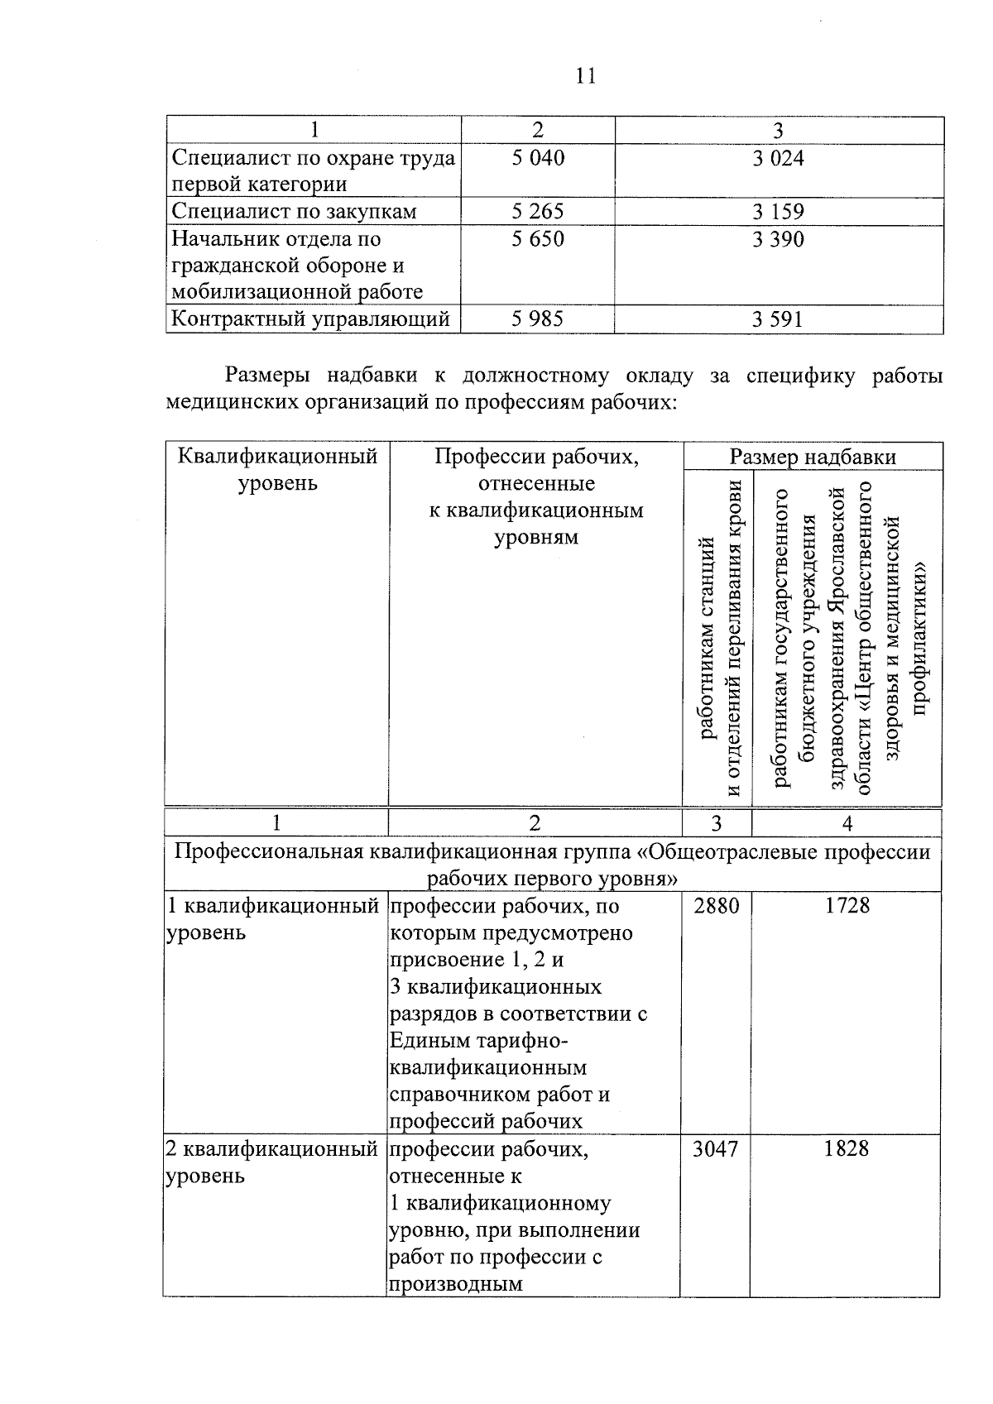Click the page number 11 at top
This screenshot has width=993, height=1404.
click(584, 76)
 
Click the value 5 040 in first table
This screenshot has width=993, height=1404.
click(538, 158)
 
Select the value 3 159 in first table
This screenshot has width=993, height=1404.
click(778, 212)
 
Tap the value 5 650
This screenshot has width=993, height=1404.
click(538, 239)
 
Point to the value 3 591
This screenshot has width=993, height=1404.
click(778, 319)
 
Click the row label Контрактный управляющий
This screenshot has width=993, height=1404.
click(310, 319)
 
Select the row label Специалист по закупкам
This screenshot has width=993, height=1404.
click(294, 212)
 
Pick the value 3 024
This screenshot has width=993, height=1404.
click(778, 158)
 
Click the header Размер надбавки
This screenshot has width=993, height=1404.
click(813, 458)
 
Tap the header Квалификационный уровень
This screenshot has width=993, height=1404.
click(277, 469)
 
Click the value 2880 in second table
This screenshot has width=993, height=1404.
click(716, 906)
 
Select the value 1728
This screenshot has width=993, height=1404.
click(847, 906)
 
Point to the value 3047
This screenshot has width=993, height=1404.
click(716, 1149)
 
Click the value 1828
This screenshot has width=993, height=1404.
click(847, 1149)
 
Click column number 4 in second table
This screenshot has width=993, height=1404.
click(847, 823)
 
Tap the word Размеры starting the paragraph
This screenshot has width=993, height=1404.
click(267, 376)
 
